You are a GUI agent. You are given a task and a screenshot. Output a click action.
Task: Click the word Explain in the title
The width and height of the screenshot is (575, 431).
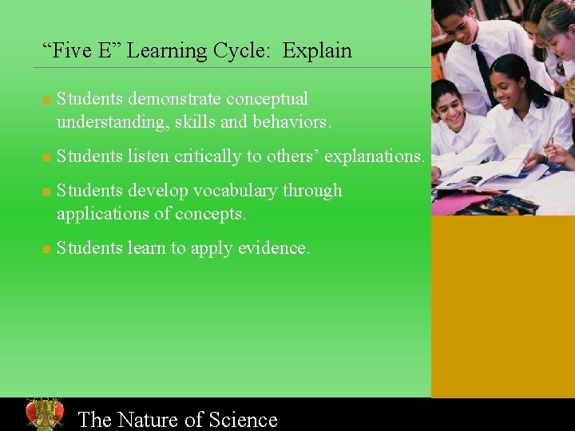coord(317,51)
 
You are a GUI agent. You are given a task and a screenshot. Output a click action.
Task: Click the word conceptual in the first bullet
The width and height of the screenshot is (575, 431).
coord(267,99)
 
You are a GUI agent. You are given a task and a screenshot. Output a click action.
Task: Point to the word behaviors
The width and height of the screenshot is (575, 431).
coord(291,122)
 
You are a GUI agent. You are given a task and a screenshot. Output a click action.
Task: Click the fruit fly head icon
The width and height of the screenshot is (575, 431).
coord(44,414)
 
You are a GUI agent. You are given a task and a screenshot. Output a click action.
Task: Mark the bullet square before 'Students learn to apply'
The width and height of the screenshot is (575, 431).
coord(46,250)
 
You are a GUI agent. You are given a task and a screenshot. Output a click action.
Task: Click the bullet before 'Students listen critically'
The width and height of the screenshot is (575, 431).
coord(46,158)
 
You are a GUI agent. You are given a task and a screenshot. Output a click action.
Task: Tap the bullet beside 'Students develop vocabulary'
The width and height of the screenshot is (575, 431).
coord(46,192)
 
